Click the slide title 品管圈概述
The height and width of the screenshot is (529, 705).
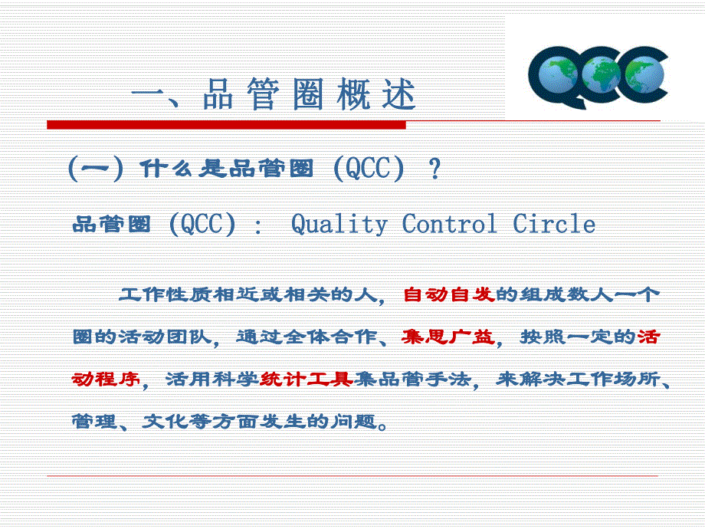coord(274,96)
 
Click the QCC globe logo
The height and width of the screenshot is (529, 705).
coord(598,77)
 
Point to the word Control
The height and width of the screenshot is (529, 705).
coord(450,225)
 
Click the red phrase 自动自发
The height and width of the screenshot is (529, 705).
coord(448,294)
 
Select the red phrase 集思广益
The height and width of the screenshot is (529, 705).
coord(448,337)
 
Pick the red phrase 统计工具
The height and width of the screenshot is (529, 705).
coord(307,379)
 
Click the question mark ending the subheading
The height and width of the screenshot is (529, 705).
coord(435,169)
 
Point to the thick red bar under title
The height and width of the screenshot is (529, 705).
coord(226,124)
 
